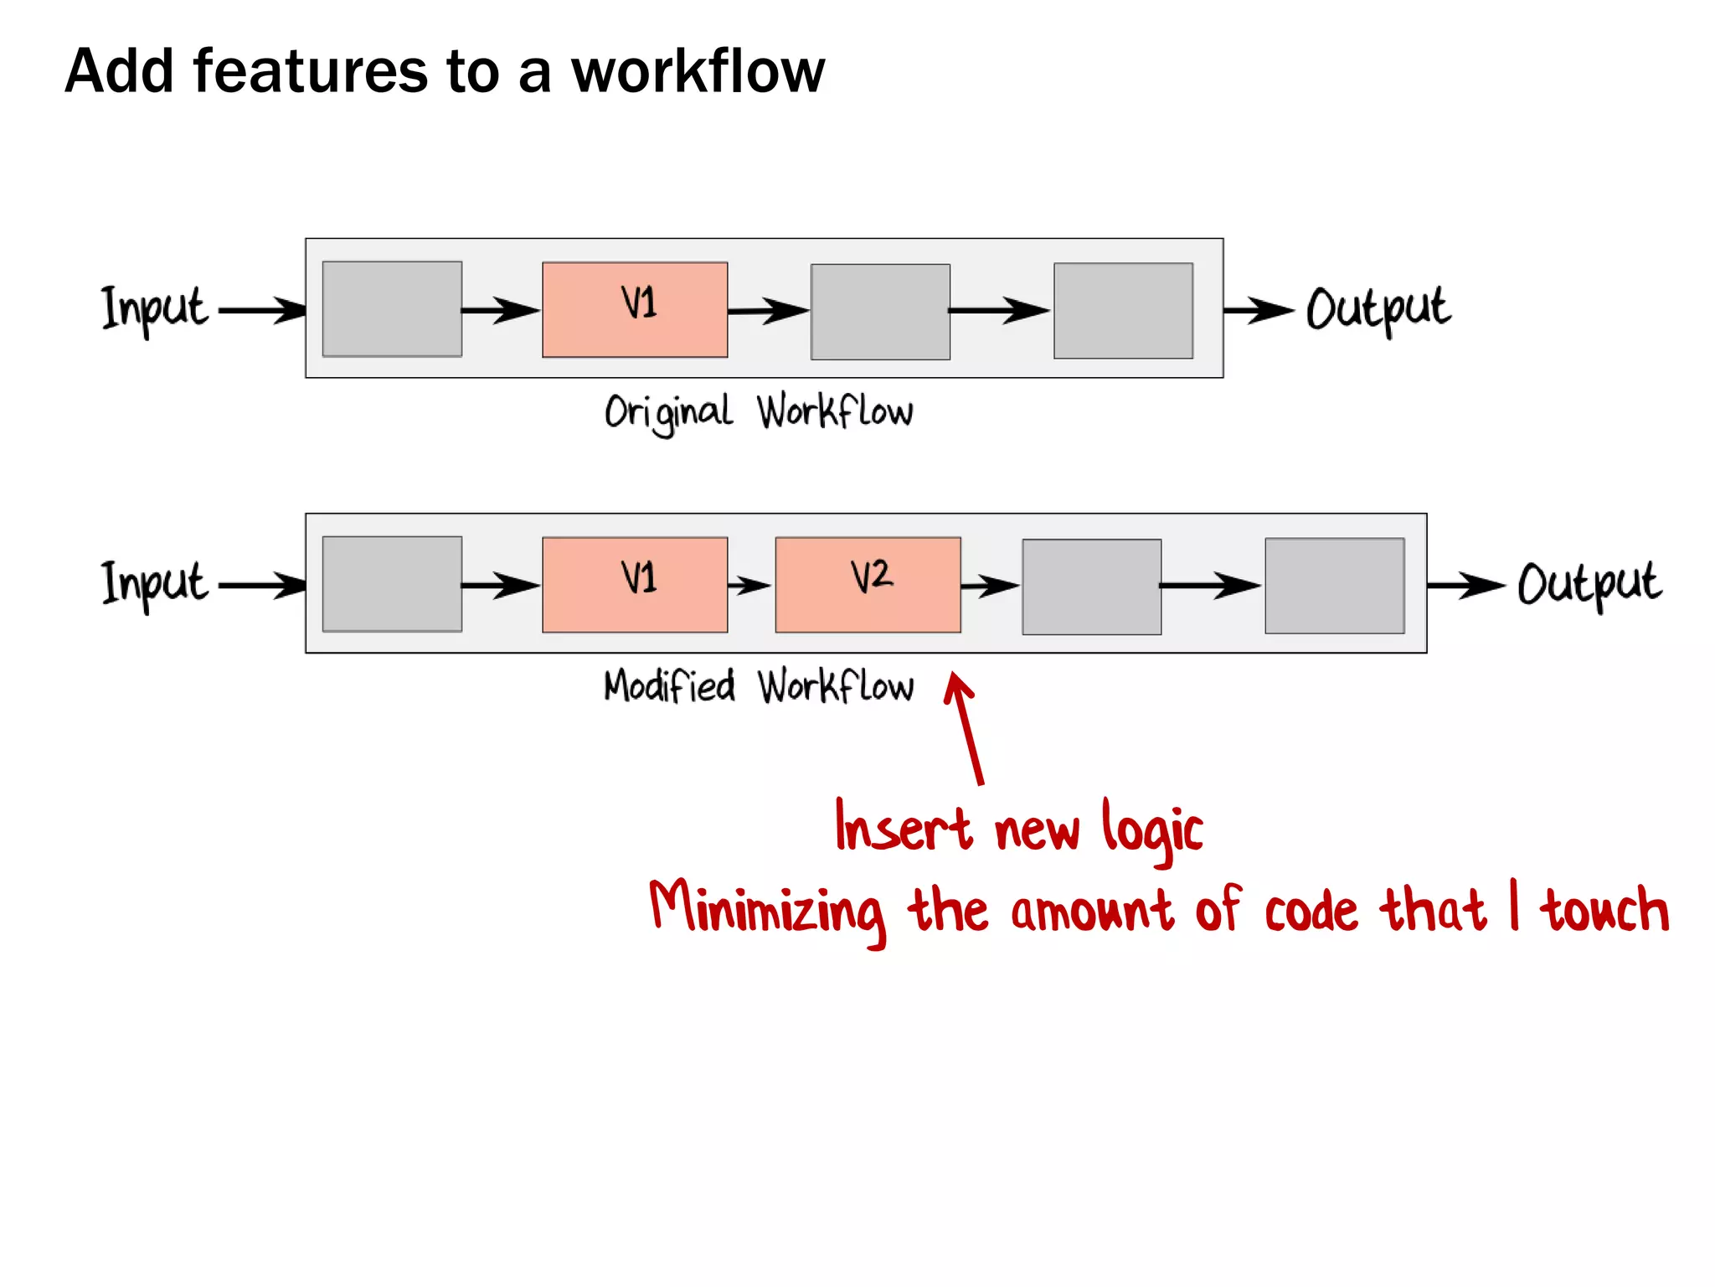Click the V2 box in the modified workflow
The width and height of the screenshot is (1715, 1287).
[x=868, y=584]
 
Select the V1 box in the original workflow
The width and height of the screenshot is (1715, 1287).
[x=635, y=309]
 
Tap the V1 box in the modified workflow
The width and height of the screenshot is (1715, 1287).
[x=635, y=584]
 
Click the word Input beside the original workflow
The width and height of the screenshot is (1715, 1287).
[x=155, y=308]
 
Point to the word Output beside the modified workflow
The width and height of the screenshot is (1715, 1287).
[x=1589, y=583]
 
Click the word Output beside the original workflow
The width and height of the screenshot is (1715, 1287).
[x=1378, y=308]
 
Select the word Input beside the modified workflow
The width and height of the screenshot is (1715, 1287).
[x=155, y=583]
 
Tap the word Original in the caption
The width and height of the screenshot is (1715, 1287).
[x=668, y=412]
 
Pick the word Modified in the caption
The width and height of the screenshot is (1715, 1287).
[x=669, y=686]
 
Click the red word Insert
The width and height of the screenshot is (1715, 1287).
[x=904, y=828]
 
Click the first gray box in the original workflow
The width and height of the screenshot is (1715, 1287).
[x=392, y=309]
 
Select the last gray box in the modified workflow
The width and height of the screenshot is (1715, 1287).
[x=1334, y=586]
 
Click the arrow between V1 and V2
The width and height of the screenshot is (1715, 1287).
[x=750, y=585]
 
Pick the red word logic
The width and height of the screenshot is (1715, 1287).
[x=1152, y=830]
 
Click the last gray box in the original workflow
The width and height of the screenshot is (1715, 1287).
[x=1123, y=311]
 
